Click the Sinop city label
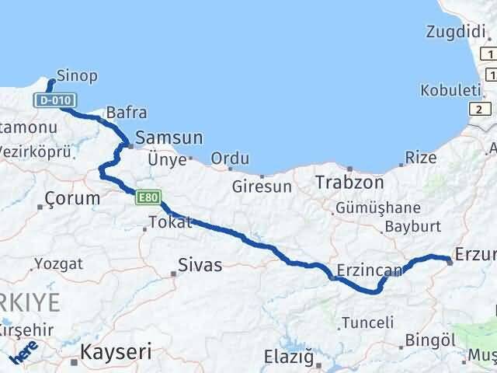coord(78,76)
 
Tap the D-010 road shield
coord(48,101)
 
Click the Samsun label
coord(169,138)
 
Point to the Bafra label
coord(126,113)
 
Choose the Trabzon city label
coord(349,183)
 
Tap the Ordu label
coord(230,159)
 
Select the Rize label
coord(420,159)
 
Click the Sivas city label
coord(200,266)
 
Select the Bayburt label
coord(412,228)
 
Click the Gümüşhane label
coord(377,208)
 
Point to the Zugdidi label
coord(454,32)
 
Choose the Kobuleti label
coord(450,90)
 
